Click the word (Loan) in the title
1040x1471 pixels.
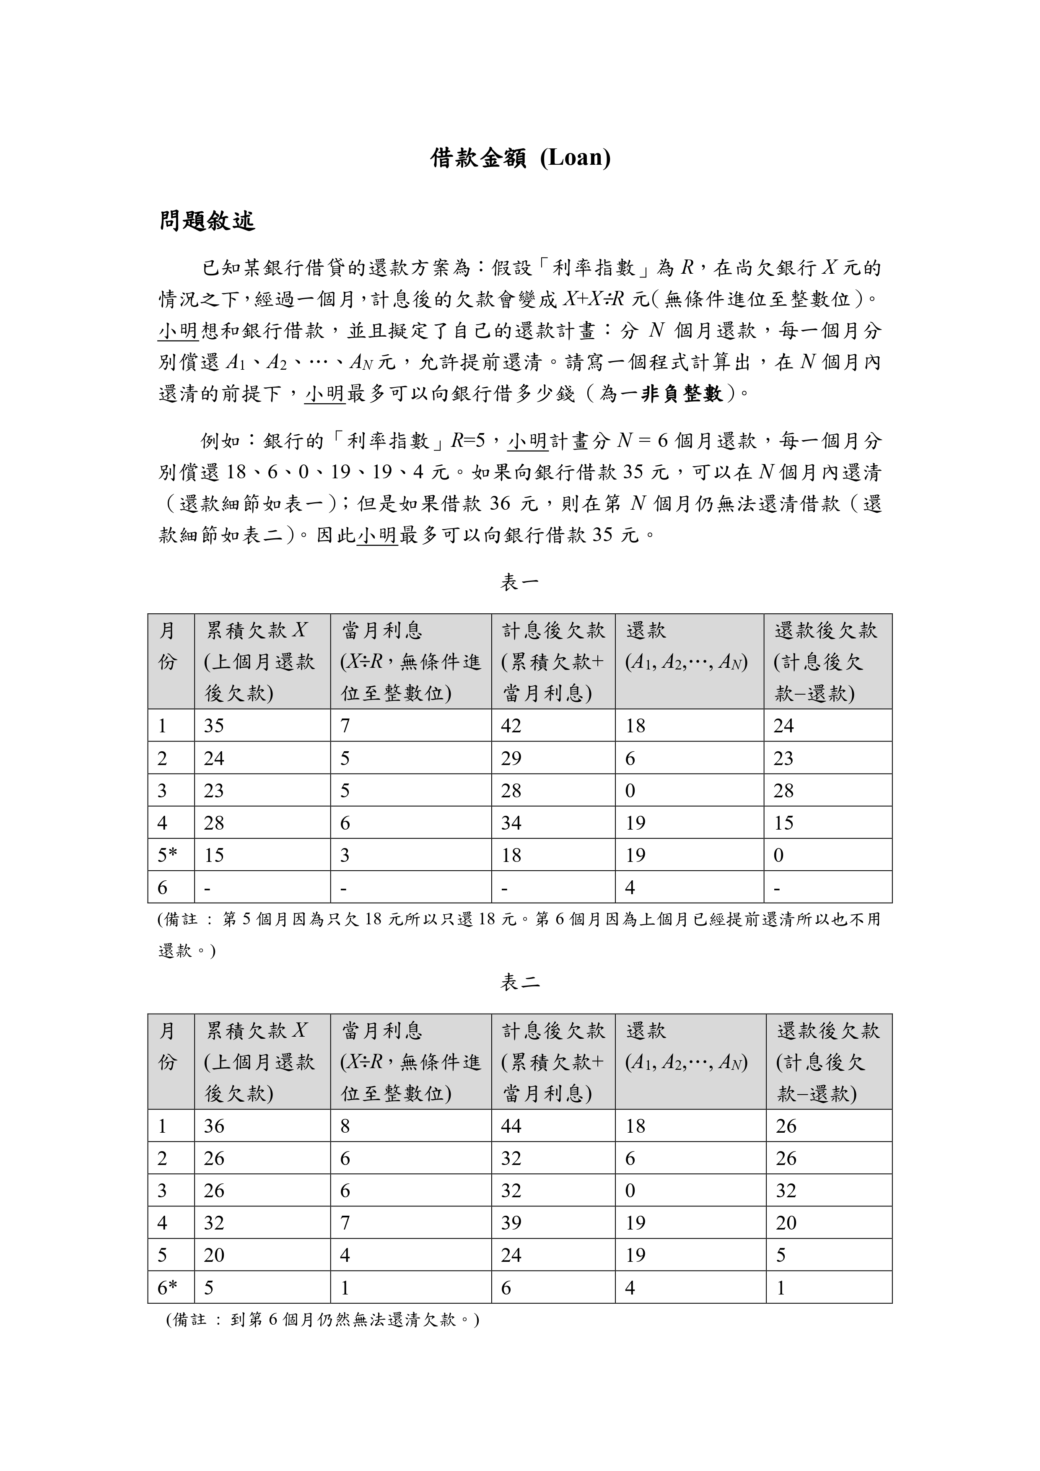(x=575, y=158)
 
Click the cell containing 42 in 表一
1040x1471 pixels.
(x=511, y=726)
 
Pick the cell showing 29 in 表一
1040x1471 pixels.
(x=511, y=759)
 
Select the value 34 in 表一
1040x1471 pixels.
(x=511, y=822)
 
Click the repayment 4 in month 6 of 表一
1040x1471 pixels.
(x=630, y=887)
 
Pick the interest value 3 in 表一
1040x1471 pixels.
(x=345, y=855)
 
